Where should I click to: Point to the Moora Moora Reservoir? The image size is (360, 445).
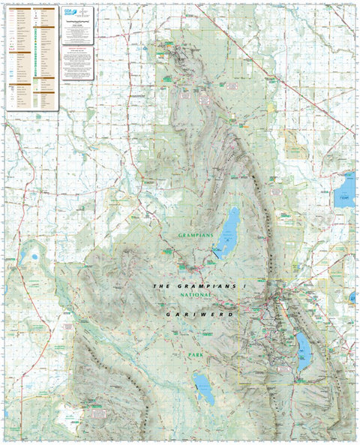[x=202, y=388]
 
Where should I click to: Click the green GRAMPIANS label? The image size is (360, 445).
[x=196, y=236]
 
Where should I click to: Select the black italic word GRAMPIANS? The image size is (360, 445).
[x=202, y=287]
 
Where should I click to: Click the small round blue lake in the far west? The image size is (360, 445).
[x=34, y=257]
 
